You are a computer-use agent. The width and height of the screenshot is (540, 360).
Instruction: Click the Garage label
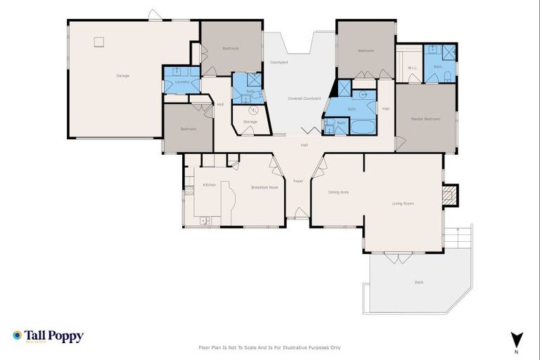[122, 75]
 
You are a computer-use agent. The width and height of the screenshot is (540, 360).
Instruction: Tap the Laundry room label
[173, 82]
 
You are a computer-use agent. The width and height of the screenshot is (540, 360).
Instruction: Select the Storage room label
[250, 122]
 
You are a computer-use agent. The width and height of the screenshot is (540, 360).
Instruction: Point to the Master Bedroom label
[425, 119]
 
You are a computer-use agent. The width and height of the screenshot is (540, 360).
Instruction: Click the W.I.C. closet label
[413, 68]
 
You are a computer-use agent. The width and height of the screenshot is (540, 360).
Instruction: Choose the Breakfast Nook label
[265, 188]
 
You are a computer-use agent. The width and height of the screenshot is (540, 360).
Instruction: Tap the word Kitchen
[210, 184]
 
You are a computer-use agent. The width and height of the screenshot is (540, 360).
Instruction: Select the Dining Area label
[338, 191]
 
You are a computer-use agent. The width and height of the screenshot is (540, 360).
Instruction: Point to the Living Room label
[403, 203]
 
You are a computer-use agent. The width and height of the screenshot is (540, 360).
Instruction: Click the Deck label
[419, 282]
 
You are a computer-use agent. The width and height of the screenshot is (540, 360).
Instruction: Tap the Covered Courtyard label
[304, 98]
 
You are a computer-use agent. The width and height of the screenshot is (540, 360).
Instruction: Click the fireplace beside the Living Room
[451, 194]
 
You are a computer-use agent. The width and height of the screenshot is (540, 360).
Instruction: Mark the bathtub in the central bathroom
[364, 127]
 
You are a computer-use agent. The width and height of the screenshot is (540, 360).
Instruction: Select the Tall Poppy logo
[48, 336]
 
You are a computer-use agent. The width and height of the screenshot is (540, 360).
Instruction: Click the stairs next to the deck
[460, 240]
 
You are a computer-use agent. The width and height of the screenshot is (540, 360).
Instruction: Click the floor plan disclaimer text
[270, 347]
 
